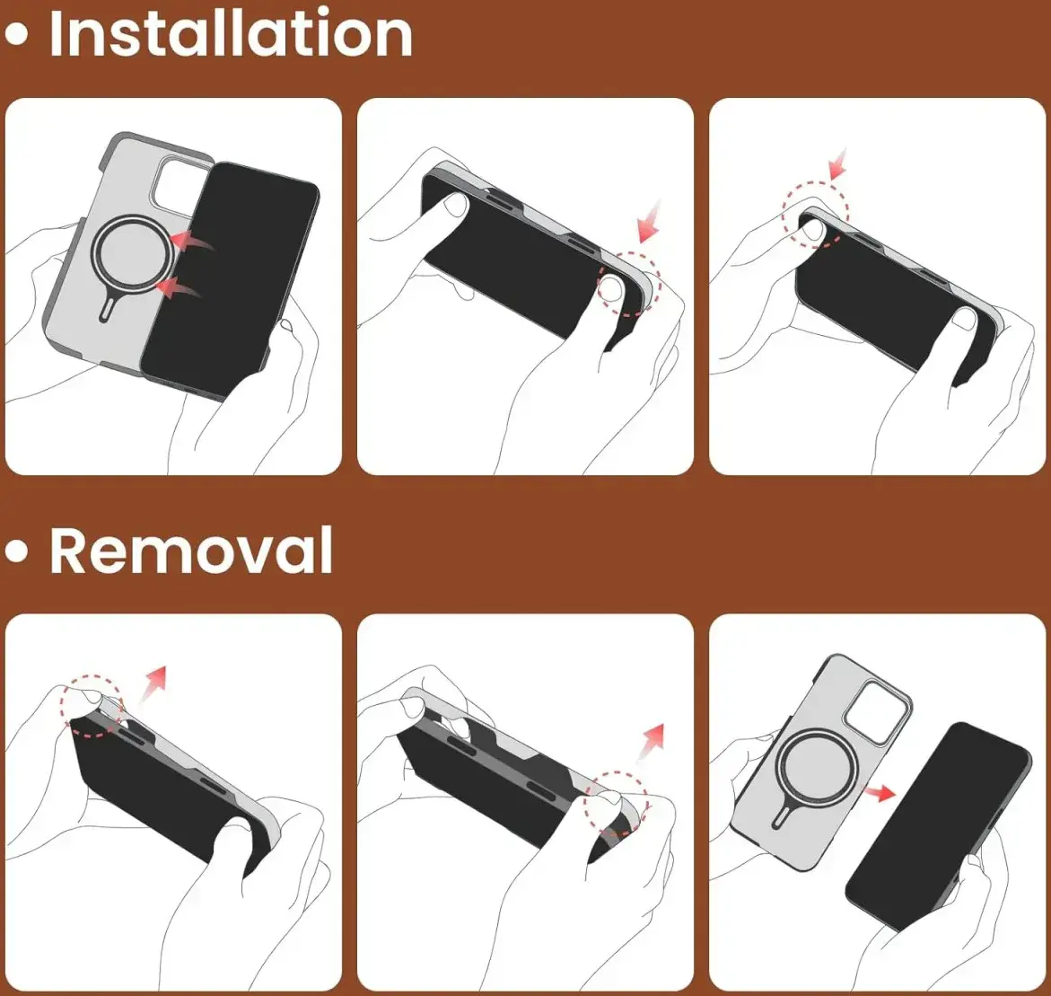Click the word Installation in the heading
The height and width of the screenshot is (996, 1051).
pos(231,33)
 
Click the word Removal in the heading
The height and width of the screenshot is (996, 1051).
pos(191,550)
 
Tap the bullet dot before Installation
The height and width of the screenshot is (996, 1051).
pos(17,35)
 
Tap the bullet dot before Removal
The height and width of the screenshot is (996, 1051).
pos(17,551)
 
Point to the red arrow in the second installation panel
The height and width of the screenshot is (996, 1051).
pos(648,221)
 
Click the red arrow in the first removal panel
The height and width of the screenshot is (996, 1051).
pos(153,684)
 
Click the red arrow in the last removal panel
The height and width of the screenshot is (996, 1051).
pos(880,793)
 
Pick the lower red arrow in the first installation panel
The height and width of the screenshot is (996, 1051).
pos(178,287)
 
